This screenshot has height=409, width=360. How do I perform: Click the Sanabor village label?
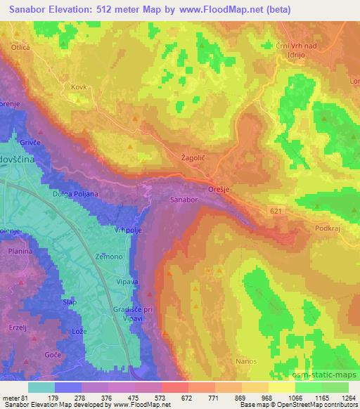184,200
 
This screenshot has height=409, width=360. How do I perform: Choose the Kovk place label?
78,87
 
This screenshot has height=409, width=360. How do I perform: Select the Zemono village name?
109,257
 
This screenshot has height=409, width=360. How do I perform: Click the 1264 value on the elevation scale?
347,397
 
